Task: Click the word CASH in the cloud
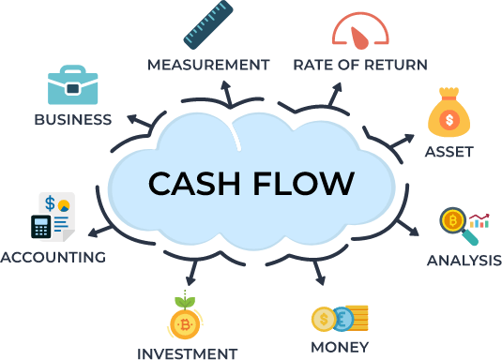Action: [x=194, y=183]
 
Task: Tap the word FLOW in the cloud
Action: [x=304, y=183]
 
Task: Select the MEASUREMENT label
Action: [x=208, y=65]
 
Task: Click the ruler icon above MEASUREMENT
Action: [x=208, y=25]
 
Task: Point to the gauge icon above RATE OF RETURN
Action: [x=360, y=31]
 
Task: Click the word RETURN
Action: [x=396, y=65]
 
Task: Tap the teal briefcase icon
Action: [x=72, y=84]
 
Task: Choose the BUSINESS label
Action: [x=73, y=120]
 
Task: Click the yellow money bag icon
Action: [x=449, y=112]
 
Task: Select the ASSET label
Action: [x=449, y=152]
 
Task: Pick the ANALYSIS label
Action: [x=464, y=261]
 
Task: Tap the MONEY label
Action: [x=340, y=347]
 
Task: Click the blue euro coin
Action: [x=342, y=319]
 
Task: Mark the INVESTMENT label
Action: [x=188, y=354]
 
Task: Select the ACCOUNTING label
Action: [x=53, y=257]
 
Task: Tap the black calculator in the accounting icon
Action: [x=41, y=227]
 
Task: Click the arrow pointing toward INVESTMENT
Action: [x=192, y=273]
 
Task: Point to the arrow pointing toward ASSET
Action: [x=403, y=142]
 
